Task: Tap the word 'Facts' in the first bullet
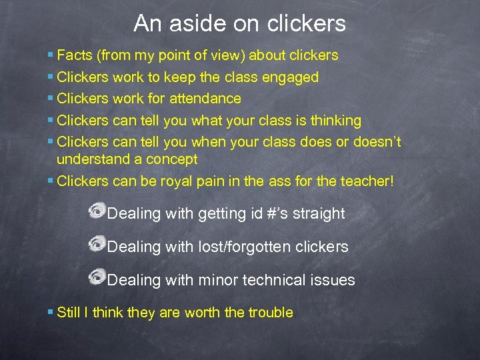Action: tap(75, 55)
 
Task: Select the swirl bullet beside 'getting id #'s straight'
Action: tap(97, 211)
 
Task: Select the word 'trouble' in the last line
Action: tap(271, 312)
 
